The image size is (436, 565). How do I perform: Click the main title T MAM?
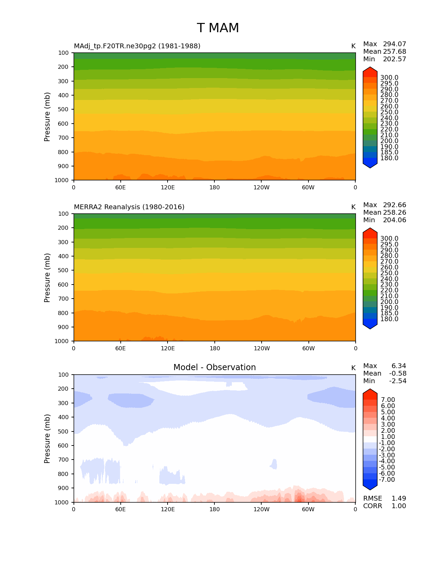[218, 28]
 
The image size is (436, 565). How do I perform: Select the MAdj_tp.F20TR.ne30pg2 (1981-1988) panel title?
[137, 46]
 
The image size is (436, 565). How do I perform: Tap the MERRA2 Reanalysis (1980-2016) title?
[129, 207]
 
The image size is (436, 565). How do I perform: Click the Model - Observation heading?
[214, 367]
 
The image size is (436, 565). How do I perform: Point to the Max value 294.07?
[394, 44]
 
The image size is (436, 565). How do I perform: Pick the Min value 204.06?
[394, 220]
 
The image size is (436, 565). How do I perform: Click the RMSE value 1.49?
[399, 499]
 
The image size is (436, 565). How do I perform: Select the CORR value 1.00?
[399, 506]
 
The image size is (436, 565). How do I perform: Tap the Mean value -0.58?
[398, 374]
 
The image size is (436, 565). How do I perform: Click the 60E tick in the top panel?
[120, 188]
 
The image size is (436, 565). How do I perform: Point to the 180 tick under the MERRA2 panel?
[215, 349]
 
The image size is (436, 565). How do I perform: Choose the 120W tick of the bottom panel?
[262, 510]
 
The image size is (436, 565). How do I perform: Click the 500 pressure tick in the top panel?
[63, 110]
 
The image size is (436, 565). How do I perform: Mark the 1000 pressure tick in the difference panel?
[62, 502]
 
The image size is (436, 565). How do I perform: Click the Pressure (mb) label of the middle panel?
[47, 278]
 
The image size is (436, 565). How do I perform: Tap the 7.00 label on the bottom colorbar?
[388, 400]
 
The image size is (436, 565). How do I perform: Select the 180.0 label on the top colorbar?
[389, 158]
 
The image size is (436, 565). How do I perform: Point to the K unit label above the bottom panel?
[353, 368]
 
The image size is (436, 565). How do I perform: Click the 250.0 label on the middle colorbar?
[389, 273]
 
